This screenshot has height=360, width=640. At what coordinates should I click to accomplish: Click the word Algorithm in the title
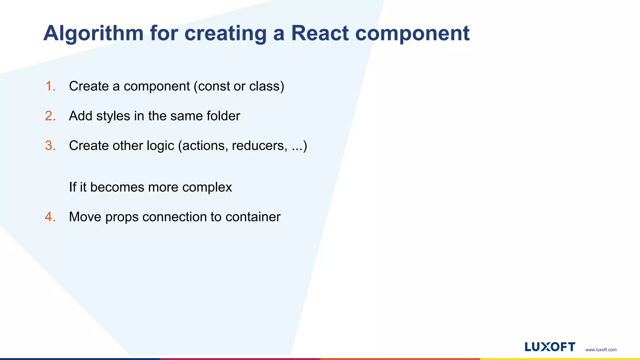point(93,34)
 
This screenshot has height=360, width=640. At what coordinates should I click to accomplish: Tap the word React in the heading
point(319,33)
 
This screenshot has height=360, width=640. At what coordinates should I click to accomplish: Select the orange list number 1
point(50,86)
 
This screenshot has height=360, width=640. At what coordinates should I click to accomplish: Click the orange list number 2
point(50,116)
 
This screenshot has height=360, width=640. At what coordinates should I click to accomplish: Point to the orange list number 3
point(50,146)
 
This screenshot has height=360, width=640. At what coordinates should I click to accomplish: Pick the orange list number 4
point(50,217)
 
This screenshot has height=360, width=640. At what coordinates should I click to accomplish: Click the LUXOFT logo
point(550,347)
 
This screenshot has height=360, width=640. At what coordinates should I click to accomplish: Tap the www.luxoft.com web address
point(601,350)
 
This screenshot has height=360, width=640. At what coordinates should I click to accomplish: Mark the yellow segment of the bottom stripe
point(560,359)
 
